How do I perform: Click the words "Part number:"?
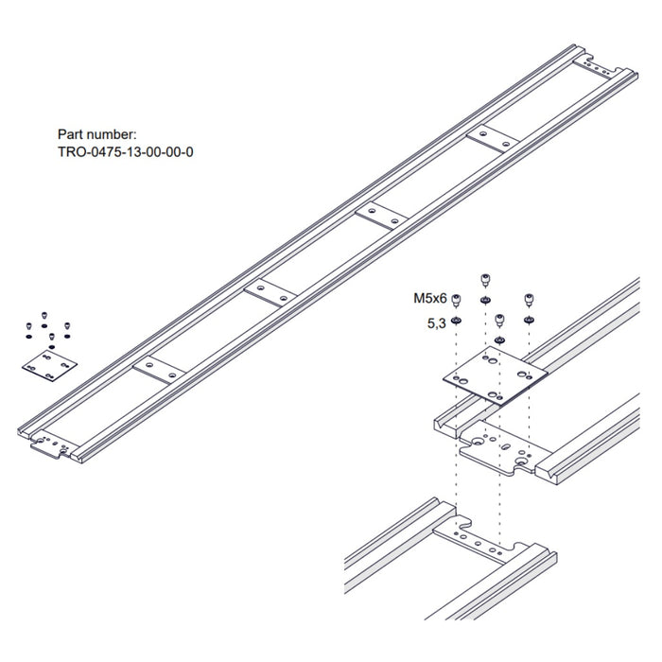point(97,135)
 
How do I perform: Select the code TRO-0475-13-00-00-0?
point(126,151)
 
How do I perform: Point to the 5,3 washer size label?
point(436,322)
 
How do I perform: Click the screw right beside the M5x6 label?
point(456,301)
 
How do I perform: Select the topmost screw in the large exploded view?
point(485,278)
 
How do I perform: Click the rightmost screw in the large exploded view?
point(529,300)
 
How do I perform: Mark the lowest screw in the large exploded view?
point(500,322)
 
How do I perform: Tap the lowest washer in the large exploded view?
point(500,340)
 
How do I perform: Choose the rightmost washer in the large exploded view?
point(529,320)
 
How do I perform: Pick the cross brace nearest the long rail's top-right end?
point(492,140)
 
